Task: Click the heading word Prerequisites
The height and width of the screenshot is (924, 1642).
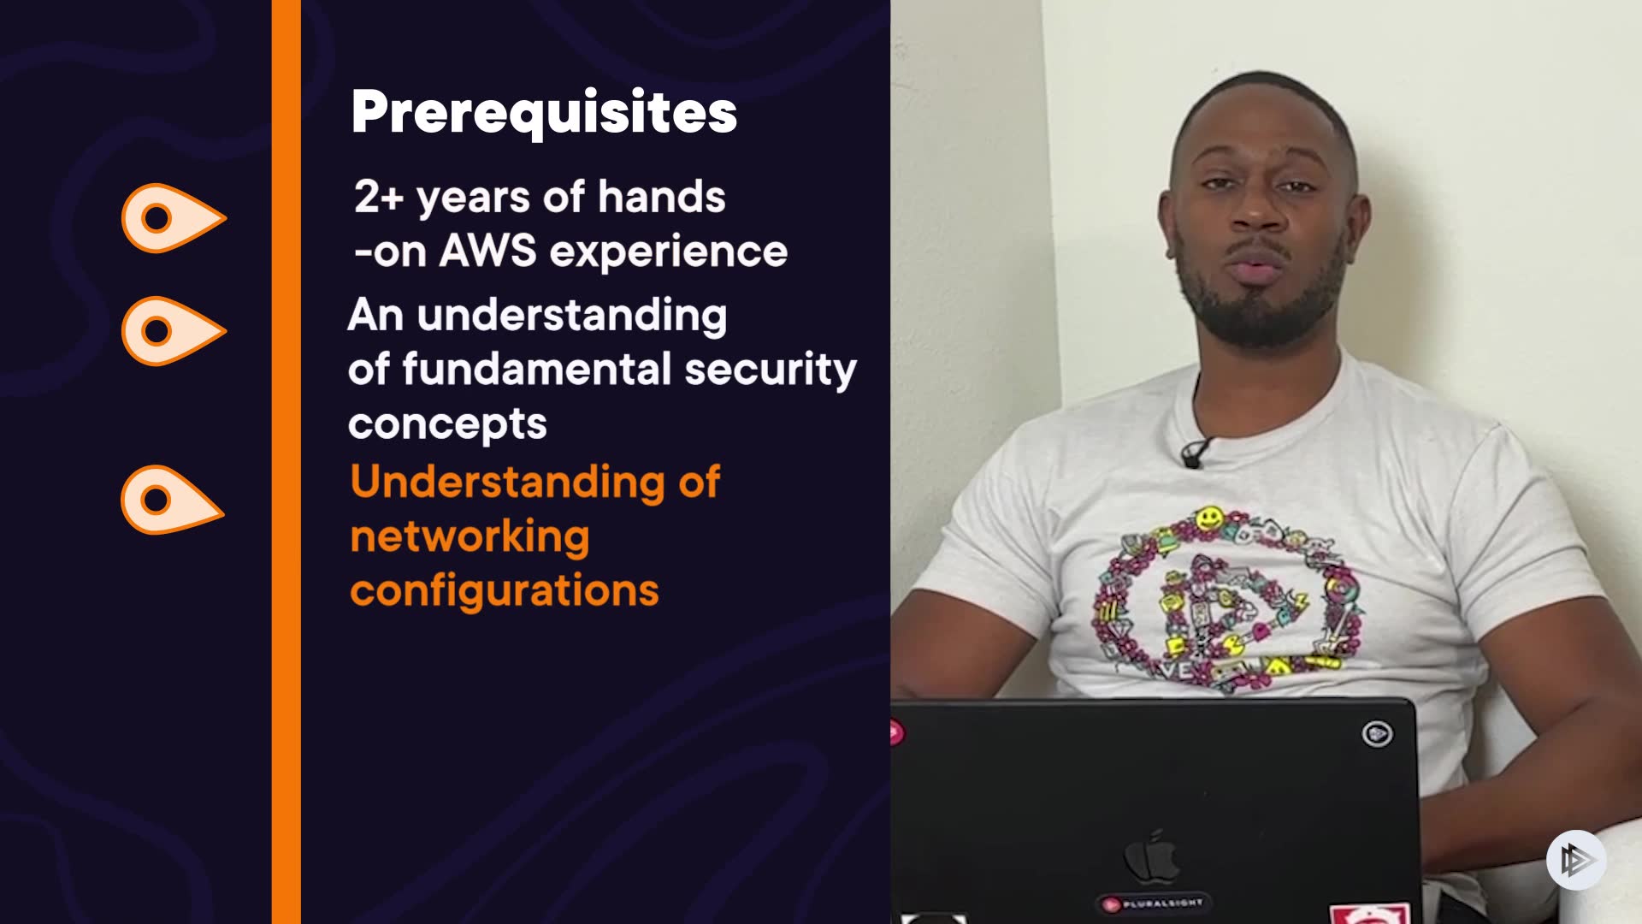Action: click(544, 113)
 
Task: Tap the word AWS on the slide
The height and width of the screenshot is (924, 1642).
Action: click(487, 252)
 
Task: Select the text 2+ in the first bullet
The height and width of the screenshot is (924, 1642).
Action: click(378, 197)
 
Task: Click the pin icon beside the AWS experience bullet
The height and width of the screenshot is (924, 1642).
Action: click(174, 218)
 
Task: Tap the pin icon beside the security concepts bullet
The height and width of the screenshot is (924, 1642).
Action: click(174, 331)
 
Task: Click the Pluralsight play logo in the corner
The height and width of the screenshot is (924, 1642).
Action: click(1576, 860)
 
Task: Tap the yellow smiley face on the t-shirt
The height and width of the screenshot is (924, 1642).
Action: click(1209, 518)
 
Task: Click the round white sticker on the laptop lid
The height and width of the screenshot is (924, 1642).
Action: click(1377, 734)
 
